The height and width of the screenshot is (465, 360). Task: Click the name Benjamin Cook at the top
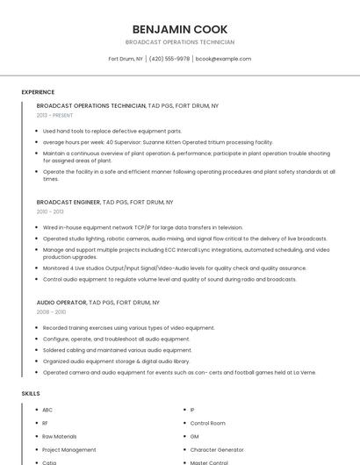(x=179, y=28)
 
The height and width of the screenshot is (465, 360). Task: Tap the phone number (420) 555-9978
(x=169, y=59)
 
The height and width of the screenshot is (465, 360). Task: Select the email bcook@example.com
(x=223, y=59)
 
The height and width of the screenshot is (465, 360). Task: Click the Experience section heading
(x=38, y=92)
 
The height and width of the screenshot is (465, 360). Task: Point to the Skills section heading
(x=31, y=394)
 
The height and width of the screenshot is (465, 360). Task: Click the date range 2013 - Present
(x=54, y=115)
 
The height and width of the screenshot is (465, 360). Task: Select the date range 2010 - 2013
(x=50, y=211)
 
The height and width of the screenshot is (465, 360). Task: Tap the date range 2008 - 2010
(x=51, y=311)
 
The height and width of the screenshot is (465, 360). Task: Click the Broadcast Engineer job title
(x=68, y=202)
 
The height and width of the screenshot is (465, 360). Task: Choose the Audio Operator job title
(x=61, y=302)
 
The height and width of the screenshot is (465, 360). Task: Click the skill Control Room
(x=208, y=423)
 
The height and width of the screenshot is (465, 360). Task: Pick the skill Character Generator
(x=216, y=449)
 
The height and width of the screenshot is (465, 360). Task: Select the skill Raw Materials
(x=60, y=436)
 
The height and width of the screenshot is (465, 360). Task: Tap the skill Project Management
(x=69, y=449)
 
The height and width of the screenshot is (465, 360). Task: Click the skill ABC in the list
(x=47, y=410)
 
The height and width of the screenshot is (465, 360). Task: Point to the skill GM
(x=195, y=436)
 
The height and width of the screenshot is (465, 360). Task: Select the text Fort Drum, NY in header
(x=126, y=59)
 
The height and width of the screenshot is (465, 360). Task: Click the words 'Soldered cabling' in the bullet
(x=64, y=349)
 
